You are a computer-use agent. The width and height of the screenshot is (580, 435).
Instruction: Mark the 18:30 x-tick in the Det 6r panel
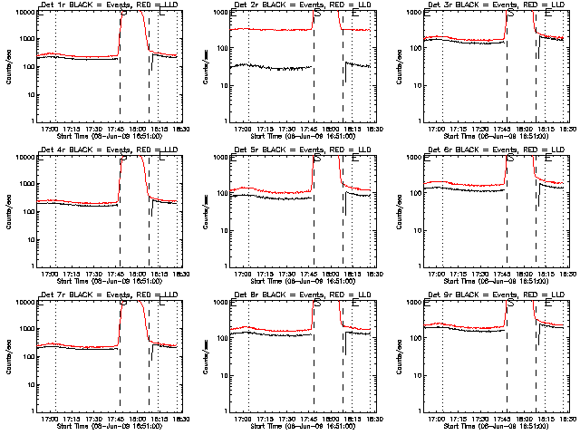(565, 274)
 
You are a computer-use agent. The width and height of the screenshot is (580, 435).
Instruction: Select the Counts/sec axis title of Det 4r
(8, 211)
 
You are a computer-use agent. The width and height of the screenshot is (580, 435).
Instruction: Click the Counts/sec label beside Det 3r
(396, 66)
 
